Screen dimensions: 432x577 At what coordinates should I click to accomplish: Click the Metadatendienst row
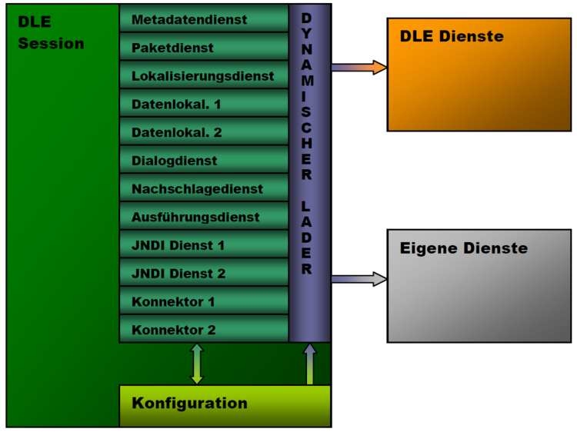coord(204,18)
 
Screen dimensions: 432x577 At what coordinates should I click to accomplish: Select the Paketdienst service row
coord(204,47)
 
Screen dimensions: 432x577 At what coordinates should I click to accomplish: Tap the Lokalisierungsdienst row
coord(204,75)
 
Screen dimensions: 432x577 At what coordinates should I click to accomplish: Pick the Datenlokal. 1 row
coord(204,104)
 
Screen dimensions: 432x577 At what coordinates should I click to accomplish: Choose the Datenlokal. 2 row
coord(204,132)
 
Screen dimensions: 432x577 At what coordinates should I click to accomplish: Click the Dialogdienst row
coord(204,160)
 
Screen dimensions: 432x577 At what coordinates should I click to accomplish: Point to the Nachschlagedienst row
coord(204,188)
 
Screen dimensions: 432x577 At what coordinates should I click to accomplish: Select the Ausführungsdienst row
coord(204,217)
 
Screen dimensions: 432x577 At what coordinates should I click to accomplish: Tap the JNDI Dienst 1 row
coord(204,245)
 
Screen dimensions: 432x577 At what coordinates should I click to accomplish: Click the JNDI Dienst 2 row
coord(204,273)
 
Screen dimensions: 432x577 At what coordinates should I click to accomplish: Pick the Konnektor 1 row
coord(204,301)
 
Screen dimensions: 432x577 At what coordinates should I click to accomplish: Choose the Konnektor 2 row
coord(204,329)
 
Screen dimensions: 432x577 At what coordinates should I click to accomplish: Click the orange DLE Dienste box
coord(479,75)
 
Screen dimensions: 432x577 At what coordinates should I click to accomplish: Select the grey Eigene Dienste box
coord(479,285)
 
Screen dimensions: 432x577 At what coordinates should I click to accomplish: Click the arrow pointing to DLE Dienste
coord(359,68)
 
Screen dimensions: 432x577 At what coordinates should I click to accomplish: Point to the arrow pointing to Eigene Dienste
coord(359,279)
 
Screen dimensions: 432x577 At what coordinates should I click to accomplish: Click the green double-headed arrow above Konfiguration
coord(197,364)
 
